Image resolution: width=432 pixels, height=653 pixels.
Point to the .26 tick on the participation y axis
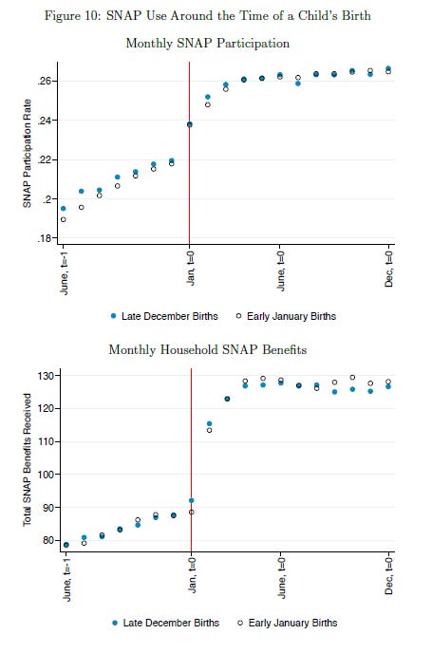click(45, 82)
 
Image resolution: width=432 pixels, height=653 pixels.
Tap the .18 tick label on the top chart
click(45, 237)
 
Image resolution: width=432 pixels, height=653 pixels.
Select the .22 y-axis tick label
click(45, 159)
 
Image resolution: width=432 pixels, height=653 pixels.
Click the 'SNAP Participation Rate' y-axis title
click(28, 159)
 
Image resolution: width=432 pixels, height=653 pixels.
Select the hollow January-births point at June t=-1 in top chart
click(64, 219)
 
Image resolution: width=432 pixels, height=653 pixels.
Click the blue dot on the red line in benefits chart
click(191, 500)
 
